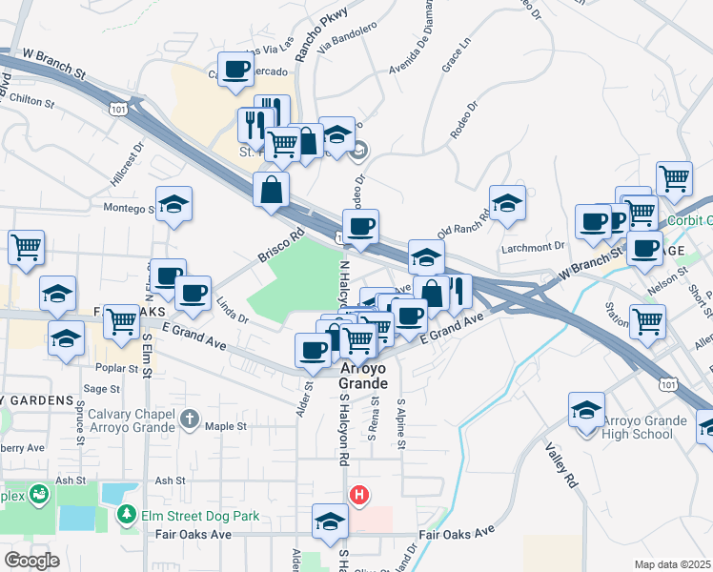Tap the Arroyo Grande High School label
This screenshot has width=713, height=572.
(643, 428)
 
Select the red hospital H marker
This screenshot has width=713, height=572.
(359, 495)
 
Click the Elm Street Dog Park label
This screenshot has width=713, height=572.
(200, 517)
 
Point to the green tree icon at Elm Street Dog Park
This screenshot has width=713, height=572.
(126, 515)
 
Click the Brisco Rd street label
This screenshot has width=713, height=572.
(279, 245)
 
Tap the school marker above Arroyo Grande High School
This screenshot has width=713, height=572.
(586, 411)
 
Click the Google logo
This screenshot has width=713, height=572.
(31, 561)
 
